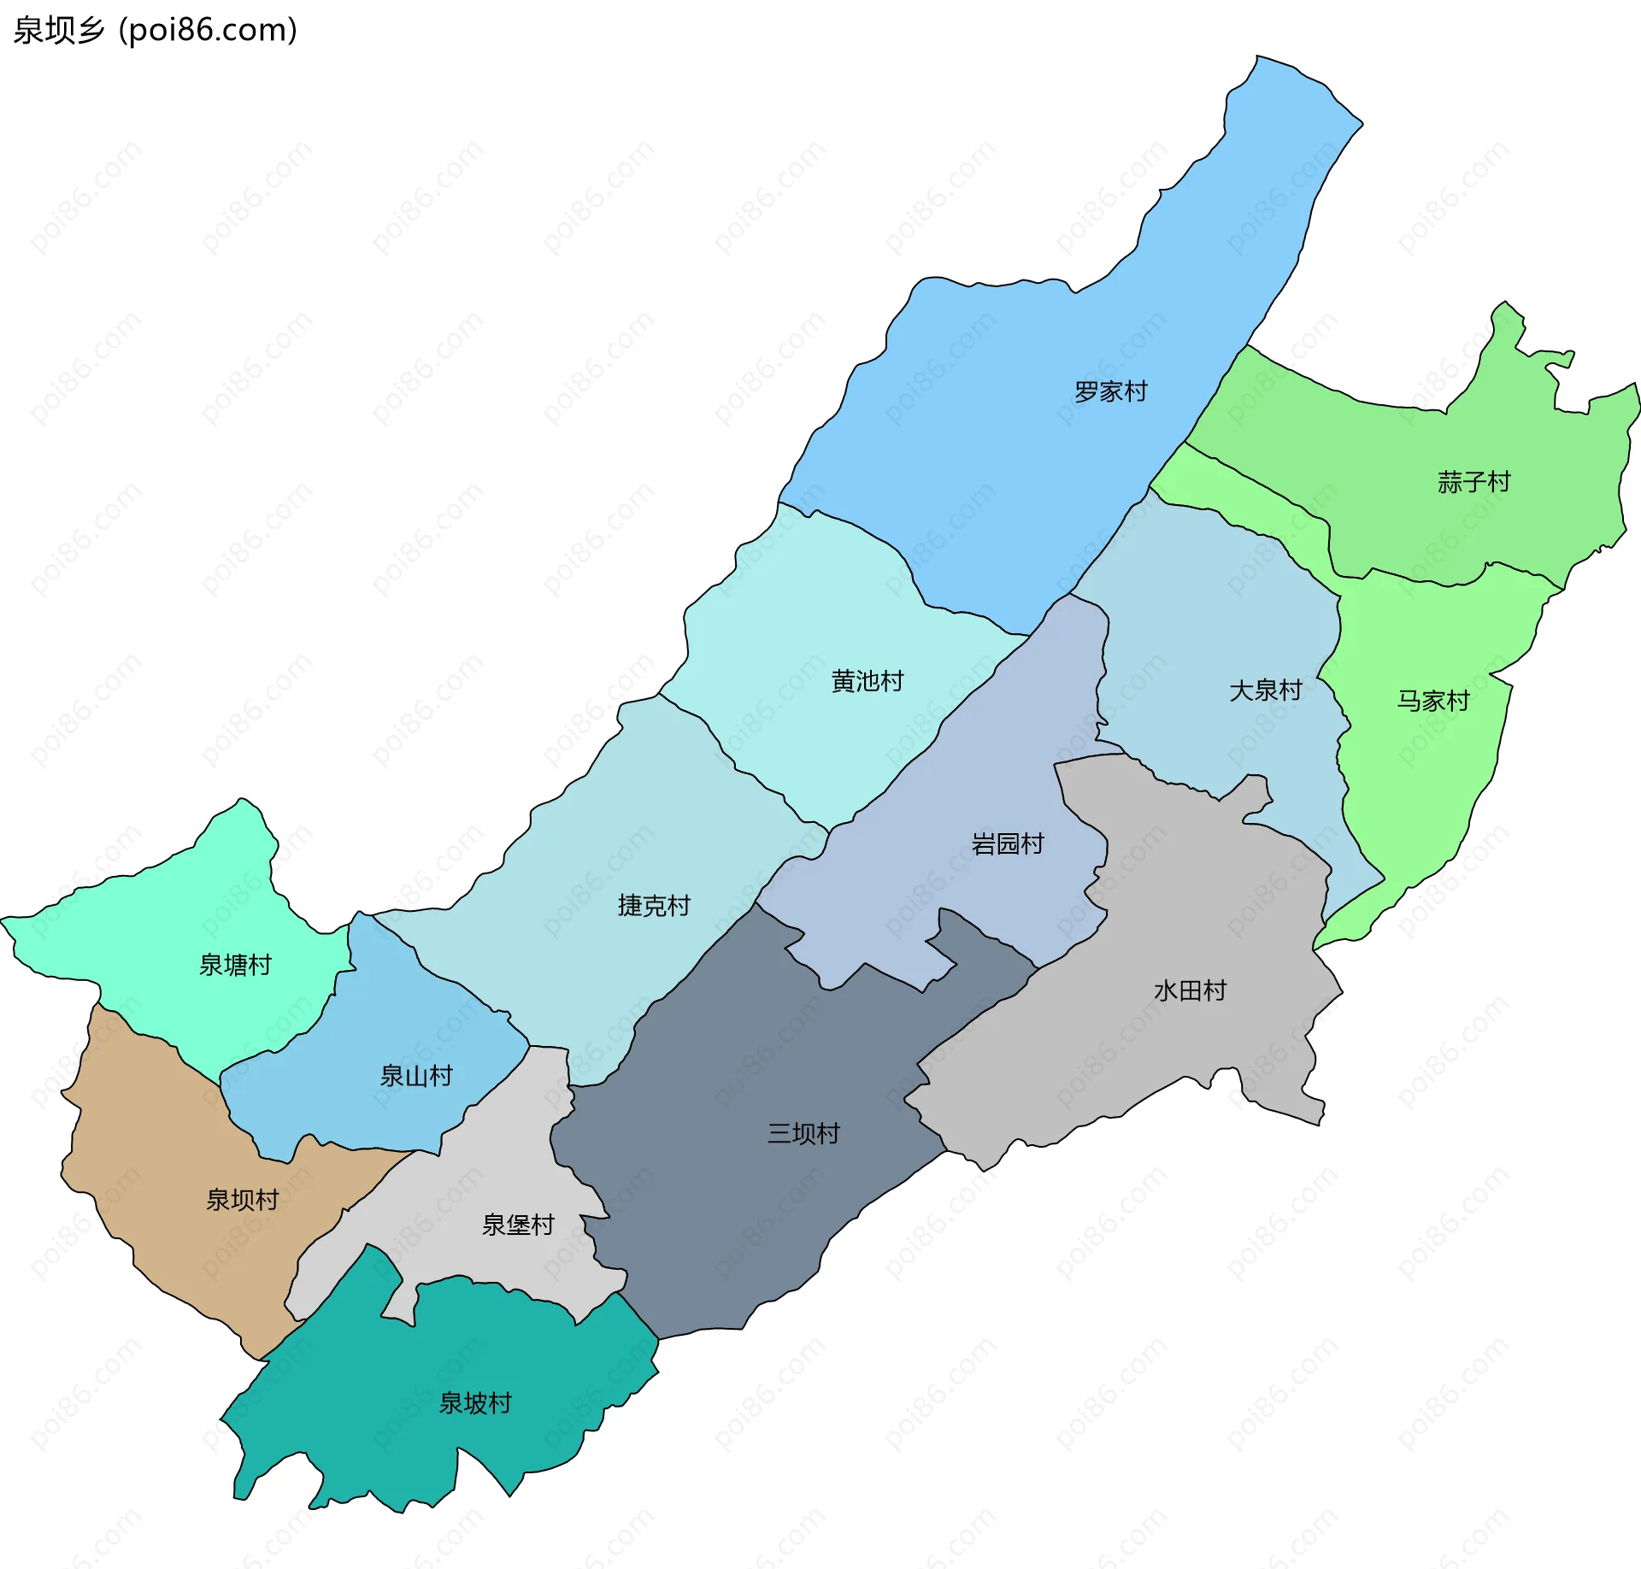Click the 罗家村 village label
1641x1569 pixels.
[x=1110, y=392]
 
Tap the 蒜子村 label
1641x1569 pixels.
[x=1473, y=483]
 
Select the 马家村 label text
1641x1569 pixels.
[x=1432, y=702]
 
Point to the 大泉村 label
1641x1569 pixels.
[x=1265, y=690]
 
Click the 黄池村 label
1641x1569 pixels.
[x=867, y=682]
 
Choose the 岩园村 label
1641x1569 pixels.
[x=1008, y=844]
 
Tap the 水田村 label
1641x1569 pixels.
[x=1190, y=991]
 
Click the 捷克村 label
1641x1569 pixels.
[x=654, y=906]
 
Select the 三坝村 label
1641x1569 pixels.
[x=803, y=1134]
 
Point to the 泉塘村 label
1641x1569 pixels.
[x=235, y=966]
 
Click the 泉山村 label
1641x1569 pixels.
[x=416, y=1076]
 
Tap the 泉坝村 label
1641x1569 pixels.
[x=242, y=1201]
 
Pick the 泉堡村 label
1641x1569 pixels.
[x=518, y=1225]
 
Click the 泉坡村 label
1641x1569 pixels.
[x=475, y=1403]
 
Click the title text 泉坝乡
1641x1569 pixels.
[x=58, y=30]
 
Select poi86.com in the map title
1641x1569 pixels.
[x=208, y=30]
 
